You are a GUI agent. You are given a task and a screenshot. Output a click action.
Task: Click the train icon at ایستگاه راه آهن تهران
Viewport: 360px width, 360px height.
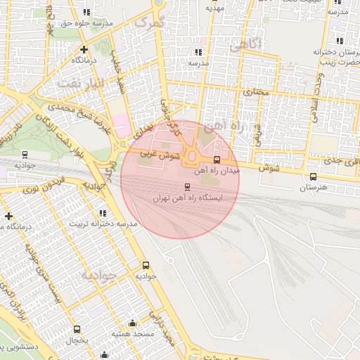click(x=186, y=186)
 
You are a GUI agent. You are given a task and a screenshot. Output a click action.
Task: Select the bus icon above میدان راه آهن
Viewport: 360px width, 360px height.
click(x=216, y=160)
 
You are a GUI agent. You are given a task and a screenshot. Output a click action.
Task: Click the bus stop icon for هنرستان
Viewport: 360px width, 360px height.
click(x=313, y=176)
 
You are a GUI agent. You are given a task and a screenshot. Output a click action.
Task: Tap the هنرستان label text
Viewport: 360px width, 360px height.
click(x=313, y=188)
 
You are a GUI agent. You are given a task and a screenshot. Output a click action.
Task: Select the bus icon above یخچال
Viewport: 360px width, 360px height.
click(x=77, y=329)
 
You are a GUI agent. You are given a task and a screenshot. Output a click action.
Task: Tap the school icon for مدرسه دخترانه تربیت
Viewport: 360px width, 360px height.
click(x=103, y=212)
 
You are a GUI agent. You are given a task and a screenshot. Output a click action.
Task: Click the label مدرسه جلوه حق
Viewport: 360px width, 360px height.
click(x=87, y=23)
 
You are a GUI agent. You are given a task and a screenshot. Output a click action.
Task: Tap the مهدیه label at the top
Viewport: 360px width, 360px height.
click(x=214, y=8)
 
